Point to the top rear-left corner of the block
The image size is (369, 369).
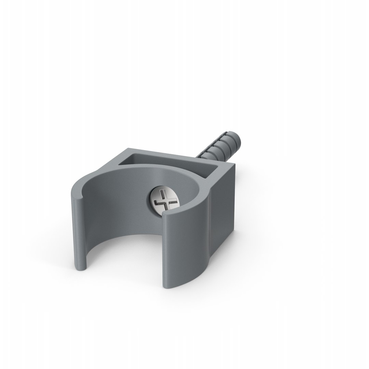(129, 149)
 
